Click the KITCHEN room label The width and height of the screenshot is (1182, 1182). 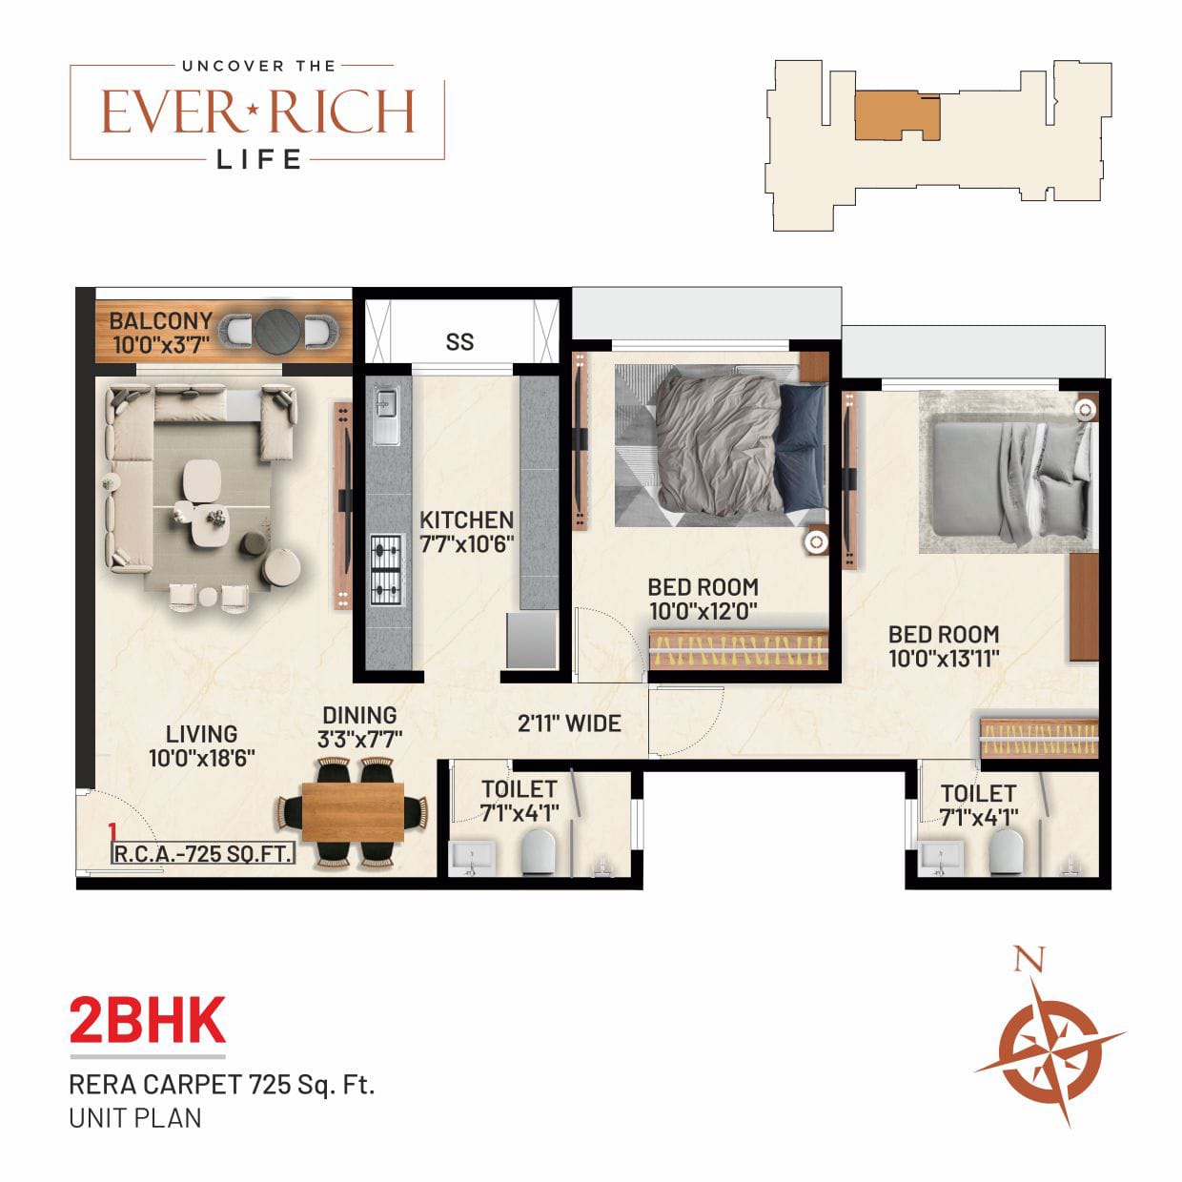pyautogui.click(x=466, y=520)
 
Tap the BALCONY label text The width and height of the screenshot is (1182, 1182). pyautogui.click(x=160, y=320)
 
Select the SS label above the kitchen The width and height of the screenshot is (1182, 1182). pyautogui.click(x=459, y=341)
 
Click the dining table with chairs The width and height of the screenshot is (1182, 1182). pyautogui.click(x=353, y=812)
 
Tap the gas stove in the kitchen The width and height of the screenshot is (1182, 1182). pyautogui.click(x=386, y=570)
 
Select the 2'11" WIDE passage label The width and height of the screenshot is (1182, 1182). pyautogui.click(x=569, y=723)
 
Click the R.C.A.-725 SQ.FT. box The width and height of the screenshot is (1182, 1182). pyautogui.click(x=203, y=853)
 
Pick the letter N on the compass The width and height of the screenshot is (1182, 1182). pyautogui.click(x=1027, y=959)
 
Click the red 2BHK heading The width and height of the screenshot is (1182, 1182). pyautogui.click(x=148, y=1021)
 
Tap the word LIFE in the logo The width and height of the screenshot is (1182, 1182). pyautogui.click(x=259, y=159)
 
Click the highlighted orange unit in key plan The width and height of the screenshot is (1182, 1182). pyautogui.click(x=891, y=116)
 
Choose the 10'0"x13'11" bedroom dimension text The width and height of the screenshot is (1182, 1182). pyautogui.click(x=944, y=658)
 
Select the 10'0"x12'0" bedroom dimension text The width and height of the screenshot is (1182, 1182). pyautogui.click(x=703, y=611)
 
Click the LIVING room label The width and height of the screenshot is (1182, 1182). pyautogui.click(x=201, y=734)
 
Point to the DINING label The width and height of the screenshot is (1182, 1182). pyautogui.click(x=359, y=715)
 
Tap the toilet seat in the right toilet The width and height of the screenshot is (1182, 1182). pyautogui.click(x=1005, y=851)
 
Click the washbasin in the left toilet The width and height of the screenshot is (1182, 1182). pyautogui.click(x=470, y=857)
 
